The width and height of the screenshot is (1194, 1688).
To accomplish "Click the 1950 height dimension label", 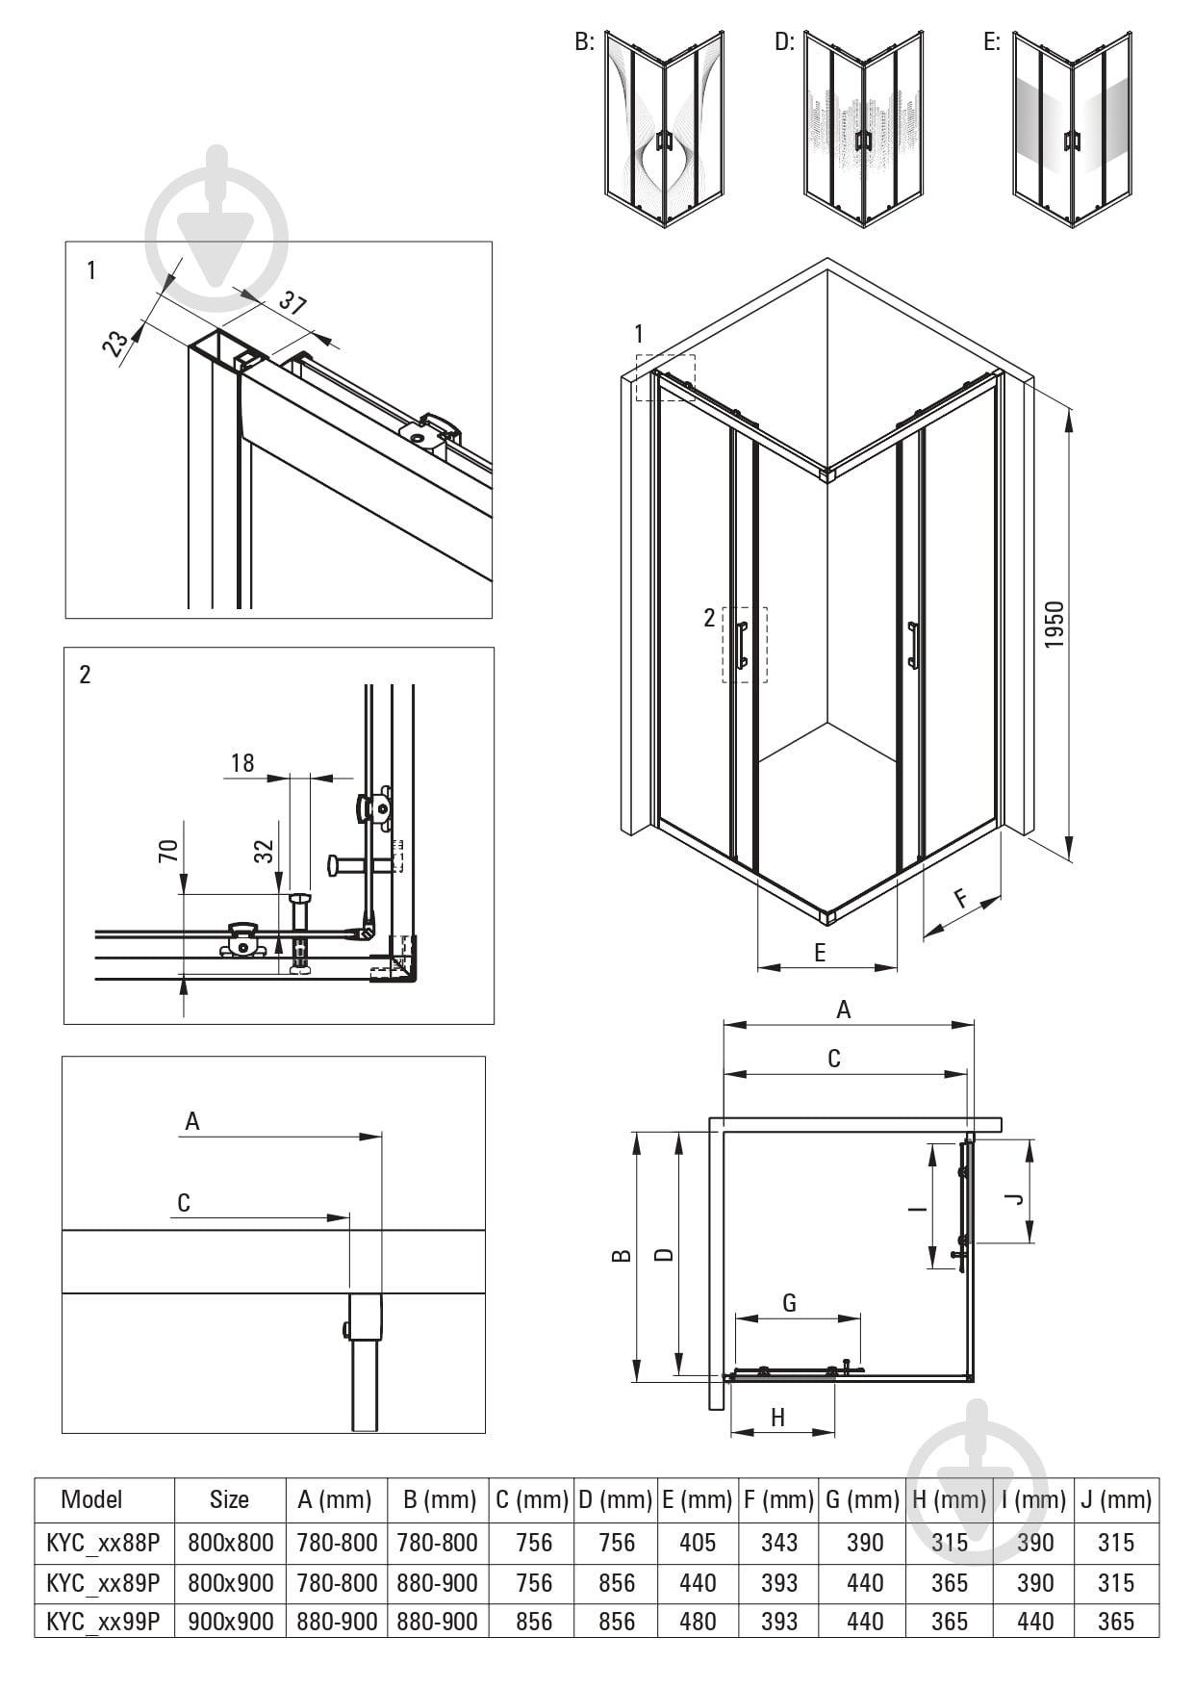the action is pos(1054,625).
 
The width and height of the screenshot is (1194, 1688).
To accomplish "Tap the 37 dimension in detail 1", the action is pos(292,303).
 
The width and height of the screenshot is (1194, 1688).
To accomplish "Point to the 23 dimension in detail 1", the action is pos(115,344).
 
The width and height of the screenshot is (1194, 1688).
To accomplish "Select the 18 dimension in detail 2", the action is pos(242,763).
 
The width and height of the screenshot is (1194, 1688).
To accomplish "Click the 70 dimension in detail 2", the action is pos(168,851).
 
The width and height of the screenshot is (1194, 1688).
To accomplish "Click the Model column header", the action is pos(91,1498).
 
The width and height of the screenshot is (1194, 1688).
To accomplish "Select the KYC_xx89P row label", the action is pos(103,1582).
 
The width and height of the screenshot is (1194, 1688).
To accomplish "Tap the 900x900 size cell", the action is pos(230,1622).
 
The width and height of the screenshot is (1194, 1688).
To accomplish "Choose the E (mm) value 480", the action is pos(698,1622).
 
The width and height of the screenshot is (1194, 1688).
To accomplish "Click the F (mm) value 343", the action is pos(779,1542).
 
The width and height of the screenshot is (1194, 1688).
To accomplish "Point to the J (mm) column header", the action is pos(1116,1499).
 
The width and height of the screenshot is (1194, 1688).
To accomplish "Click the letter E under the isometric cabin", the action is pos(820,953).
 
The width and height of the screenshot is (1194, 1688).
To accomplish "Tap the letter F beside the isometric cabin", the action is pos(961,899).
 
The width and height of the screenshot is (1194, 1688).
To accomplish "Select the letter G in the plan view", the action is pos(790,1303).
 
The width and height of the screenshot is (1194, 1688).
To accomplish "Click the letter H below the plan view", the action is pos(778,1417).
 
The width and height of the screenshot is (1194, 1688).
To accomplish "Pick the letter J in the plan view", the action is pos(1013,1199).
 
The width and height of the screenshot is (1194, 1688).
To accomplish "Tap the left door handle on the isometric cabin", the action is pos(742,645).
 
